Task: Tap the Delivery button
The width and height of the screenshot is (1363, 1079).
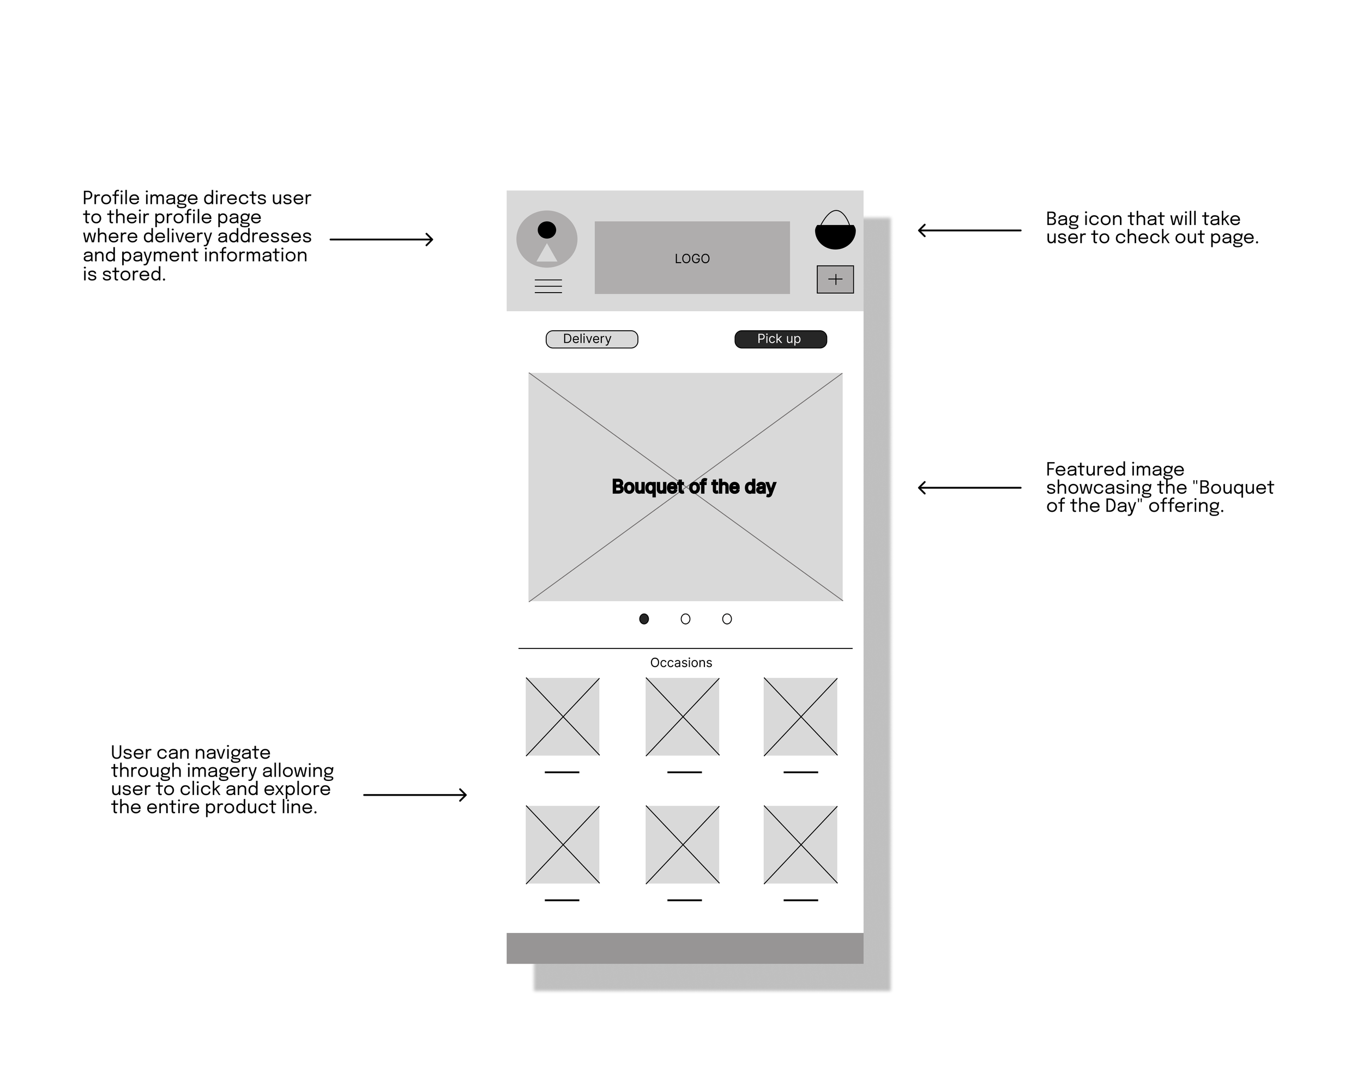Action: tap(592, 340)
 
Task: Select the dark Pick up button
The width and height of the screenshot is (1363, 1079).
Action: tap(780, 340)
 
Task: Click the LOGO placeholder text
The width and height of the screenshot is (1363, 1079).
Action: tap(692, 258)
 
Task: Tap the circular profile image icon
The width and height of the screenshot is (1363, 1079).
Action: tap(547, 239)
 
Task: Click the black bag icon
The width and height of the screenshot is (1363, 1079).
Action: tap(835, 231)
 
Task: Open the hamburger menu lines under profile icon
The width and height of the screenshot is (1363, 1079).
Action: tap(548, 286)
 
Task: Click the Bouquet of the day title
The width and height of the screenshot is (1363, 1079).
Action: tap(693, 487)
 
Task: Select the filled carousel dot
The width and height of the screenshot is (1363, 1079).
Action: tap(644, 619)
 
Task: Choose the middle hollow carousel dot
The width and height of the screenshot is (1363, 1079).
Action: tap(686, 619)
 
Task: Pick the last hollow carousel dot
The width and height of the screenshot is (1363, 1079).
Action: tap(727, 619)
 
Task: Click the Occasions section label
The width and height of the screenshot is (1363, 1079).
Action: tap(680, 663)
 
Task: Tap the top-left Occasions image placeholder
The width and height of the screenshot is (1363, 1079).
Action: tap(563, 717)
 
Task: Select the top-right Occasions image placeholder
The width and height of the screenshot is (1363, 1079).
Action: tap(800, 717)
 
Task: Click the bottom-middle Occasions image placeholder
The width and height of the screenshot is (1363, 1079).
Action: tap(683, 844)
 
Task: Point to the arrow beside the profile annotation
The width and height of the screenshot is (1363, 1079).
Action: tap(381, 239)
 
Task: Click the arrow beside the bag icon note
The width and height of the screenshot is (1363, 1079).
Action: tap(969, 231)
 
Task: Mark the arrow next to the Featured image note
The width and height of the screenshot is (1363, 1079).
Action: tap(969, 488)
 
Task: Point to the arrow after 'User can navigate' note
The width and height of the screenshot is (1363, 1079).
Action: tap(414, 795)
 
